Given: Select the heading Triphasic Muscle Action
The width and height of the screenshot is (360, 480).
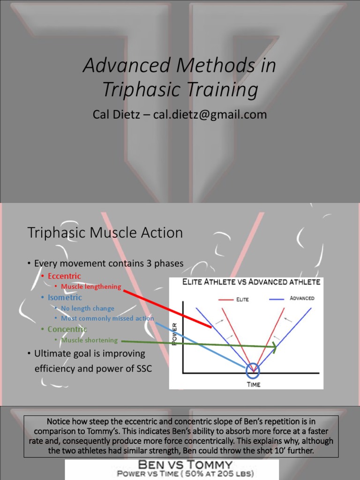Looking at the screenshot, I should [x=105, y=232].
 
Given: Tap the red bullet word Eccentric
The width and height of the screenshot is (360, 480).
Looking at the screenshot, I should [x=64, y=276].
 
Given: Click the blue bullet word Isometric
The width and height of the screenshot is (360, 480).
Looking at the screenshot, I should [x=65, y=297].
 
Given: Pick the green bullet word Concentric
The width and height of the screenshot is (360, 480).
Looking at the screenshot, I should [x=67, y=329].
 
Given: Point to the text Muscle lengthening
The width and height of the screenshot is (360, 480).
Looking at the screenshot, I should [x=91, y=286].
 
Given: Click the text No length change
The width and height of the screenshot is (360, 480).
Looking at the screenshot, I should [x=88, y=308].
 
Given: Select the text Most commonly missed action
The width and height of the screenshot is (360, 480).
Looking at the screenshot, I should [x=107, y=318].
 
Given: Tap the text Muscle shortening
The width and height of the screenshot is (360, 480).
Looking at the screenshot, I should [x=90, y=340].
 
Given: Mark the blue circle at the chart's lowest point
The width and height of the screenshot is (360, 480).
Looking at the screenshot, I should [x=253, y=370].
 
